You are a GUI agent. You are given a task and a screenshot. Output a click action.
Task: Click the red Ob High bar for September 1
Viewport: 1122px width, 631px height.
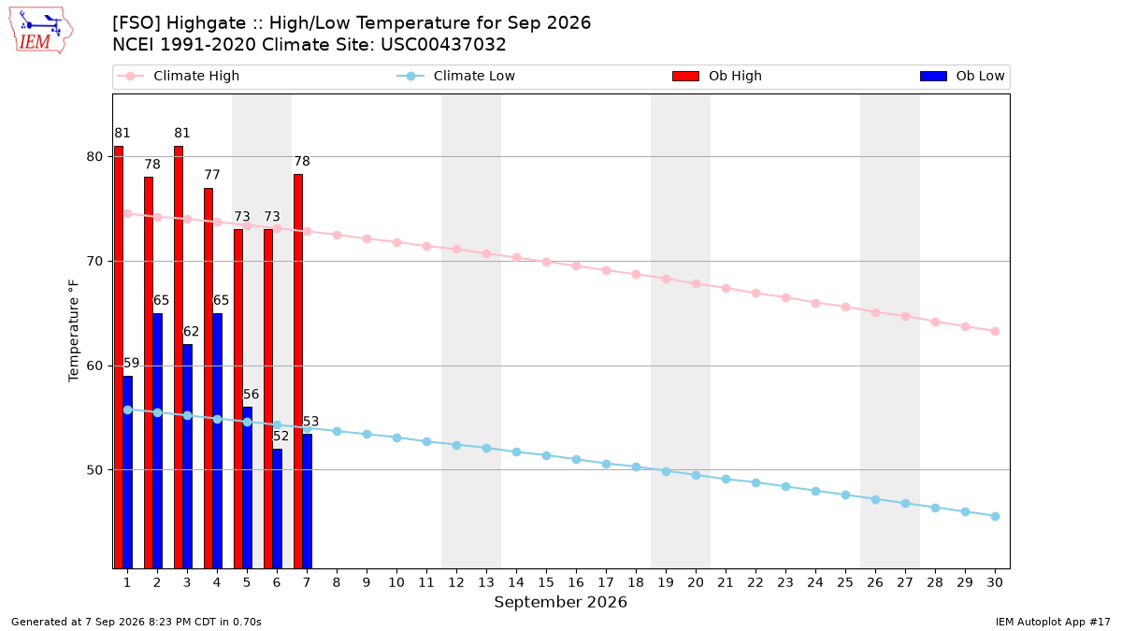(x=119, y=357)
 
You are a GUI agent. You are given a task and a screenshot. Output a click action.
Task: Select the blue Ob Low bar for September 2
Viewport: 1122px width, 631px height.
(x=158, y=440)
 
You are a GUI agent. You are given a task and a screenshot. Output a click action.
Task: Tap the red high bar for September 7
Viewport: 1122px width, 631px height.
(x=298, y=371)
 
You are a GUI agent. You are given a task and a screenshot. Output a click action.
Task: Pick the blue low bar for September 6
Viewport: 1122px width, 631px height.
(x=277, y=509)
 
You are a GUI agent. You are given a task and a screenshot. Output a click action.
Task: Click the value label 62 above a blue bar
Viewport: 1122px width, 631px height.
(x=191, y=332)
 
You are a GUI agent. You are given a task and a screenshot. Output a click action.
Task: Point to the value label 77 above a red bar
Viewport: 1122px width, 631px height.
(x=212, y=175)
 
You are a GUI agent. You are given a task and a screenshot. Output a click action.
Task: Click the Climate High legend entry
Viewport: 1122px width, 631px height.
(x=179, y=76)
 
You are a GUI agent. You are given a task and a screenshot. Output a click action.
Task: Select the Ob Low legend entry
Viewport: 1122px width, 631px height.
(x=962, y=76)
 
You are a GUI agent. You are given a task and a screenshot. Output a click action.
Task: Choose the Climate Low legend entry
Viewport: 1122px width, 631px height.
(x=456, y=76)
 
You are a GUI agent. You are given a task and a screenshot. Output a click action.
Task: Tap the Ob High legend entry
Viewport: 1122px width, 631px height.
(x=717, y=76)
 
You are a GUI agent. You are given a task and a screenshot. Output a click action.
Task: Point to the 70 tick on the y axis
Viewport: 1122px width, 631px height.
(x=94, y=262)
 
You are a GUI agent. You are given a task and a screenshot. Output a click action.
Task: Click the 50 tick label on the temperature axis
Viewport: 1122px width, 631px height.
(x=94, y=470)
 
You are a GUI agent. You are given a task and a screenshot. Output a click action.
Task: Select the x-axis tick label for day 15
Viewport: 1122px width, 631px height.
(x=546, y=582)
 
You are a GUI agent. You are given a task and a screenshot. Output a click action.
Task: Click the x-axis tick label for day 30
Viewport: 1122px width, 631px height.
(x=995, y=582)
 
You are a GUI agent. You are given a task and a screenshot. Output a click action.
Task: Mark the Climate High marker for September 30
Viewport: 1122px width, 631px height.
(x=995, y=332)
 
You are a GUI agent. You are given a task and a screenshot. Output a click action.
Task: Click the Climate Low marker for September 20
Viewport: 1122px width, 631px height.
(x=696, y=475)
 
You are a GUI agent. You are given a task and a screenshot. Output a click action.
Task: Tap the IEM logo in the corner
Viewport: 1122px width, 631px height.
(x=40, y=31)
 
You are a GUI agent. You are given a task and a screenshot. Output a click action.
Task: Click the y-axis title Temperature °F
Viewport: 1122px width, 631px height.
(x=74, y=331)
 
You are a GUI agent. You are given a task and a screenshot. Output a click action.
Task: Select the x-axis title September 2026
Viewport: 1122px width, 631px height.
(x=560, y=602)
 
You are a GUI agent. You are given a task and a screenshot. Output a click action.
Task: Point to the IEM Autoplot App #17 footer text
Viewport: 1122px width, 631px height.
(x=1053, y=622)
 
